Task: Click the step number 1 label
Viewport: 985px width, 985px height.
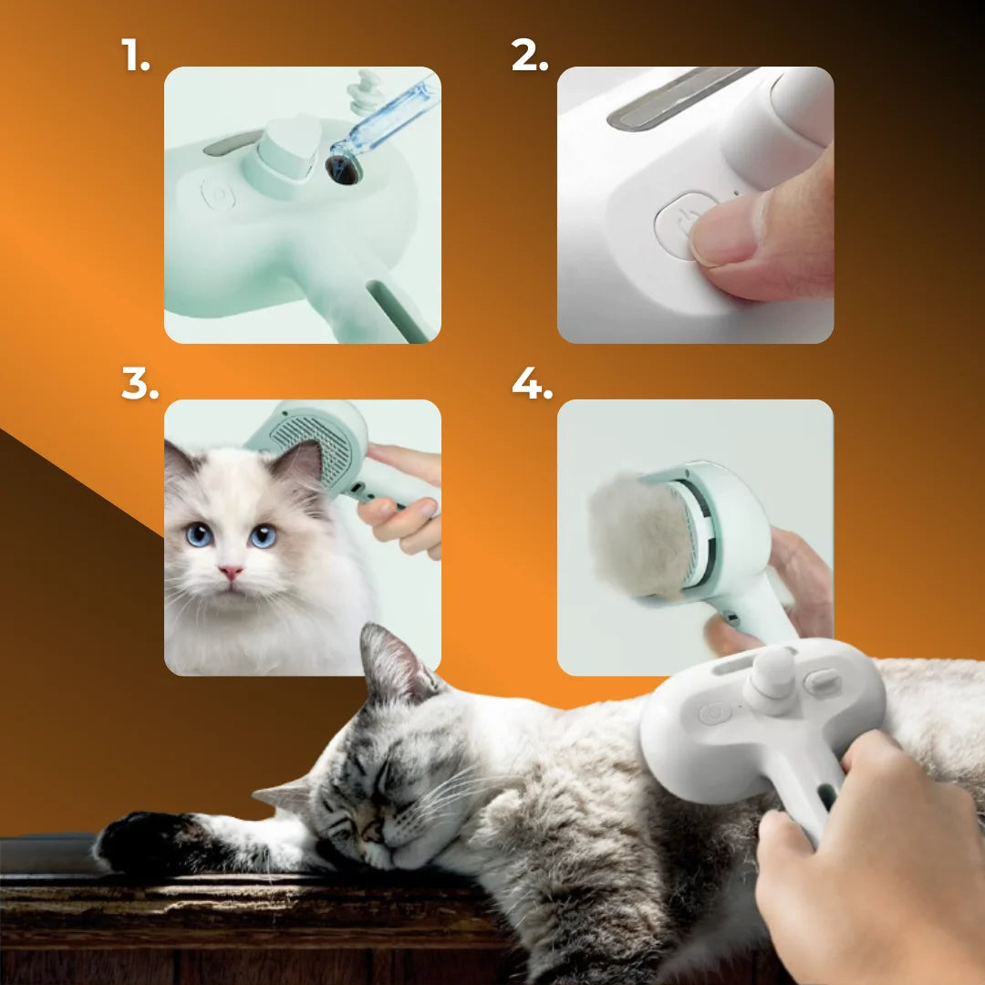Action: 135,55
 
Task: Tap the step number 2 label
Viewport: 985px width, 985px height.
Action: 530,55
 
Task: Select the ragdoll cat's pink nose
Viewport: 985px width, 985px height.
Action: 231,572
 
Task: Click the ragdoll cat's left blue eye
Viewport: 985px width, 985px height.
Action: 199,535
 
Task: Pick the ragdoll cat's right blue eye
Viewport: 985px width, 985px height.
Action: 263,536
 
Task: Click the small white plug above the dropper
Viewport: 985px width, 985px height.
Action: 367,92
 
